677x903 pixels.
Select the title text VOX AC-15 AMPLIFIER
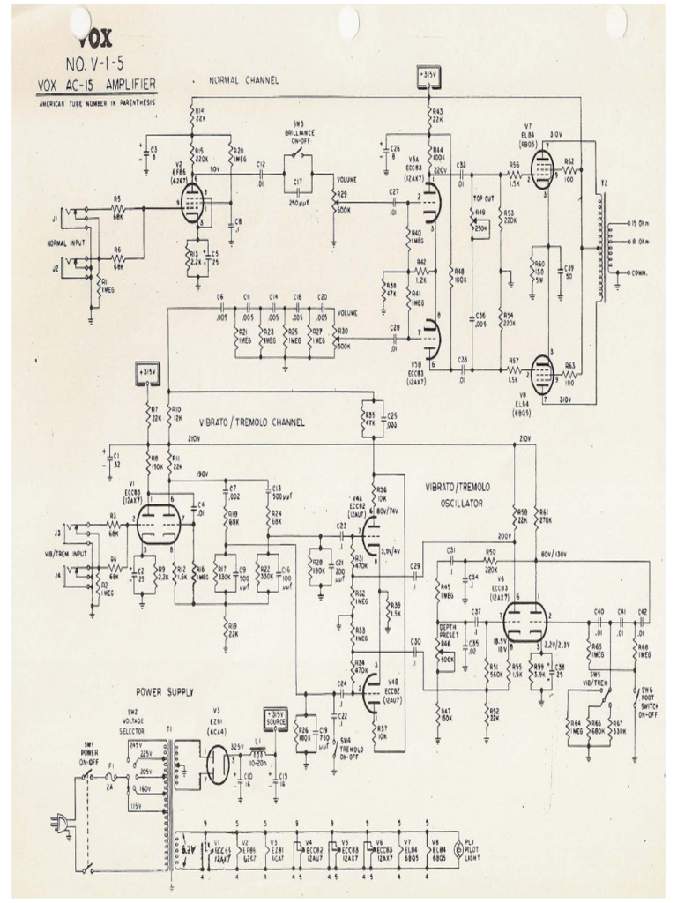pyautogui.click(x=97, y=86)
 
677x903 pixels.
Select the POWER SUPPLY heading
pyautogui.click(x=165, y=691)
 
